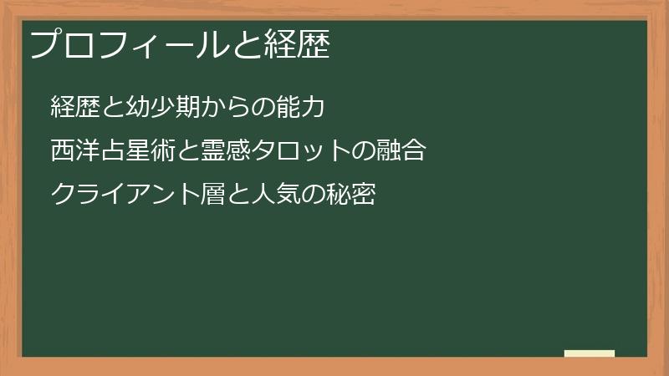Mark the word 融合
pyautogui.click(x=401, y=151)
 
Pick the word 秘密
pyautogui.click(x=351, y=195)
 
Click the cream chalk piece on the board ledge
pyautogui.click(x=590, y=353)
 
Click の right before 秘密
pyautogui.click(x=314, y=195)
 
